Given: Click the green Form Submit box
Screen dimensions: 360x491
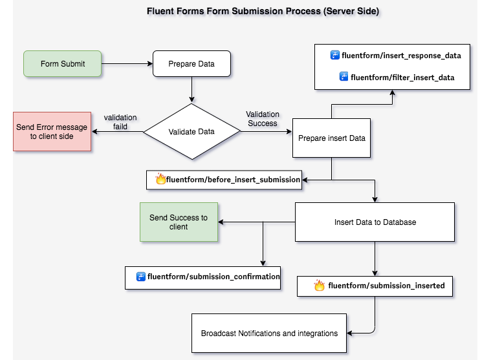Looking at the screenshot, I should point(62,64).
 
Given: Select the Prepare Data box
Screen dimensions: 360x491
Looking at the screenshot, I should point(191,64).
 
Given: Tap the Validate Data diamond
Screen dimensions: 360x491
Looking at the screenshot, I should point(191,132).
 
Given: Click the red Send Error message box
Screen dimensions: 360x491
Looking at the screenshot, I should point(52,132).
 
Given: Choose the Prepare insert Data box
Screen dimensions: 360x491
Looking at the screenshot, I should point(331,138).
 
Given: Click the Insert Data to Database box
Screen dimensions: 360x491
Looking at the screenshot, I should point(375,222).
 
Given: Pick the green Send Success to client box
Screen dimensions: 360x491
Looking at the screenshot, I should point(179,222).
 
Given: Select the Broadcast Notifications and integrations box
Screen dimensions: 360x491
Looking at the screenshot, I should point(269,334).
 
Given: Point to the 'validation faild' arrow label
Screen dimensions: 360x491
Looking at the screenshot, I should point(120,122).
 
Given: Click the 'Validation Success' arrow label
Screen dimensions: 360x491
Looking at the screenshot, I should point(262,119).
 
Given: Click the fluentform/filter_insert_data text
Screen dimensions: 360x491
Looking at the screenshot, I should point(402,78).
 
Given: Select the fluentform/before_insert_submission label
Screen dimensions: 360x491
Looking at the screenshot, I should point(233,180).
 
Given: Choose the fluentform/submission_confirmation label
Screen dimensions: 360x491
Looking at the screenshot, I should point(213,277).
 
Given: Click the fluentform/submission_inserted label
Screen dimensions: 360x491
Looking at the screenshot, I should point(386,285).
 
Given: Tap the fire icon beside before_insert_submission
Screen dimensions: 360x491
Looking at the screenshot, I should point(160,180).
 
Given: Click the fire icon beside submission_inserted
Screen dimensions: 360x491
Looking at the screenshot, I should point(319,285).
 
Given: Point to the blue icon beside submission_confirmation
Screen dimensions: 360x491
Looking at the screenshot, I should point(140,277).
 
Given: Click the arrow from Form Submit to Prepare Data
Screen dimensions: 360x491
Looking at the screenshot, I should point(127,64).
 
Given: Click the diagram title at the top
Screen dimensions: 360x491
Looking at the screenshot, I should point(245,11).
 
